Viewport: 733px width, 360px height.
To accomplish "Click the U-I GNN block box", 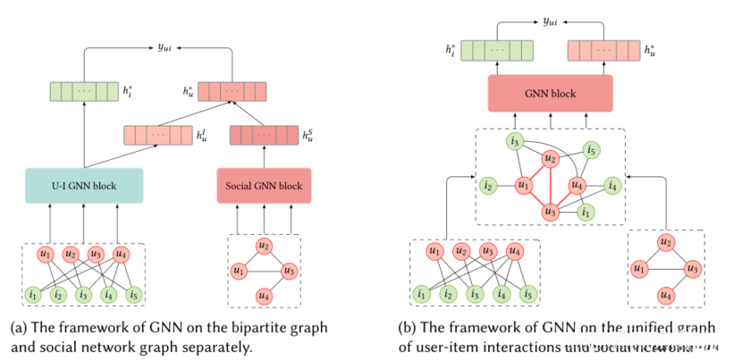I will pyautogui.click(x=84, y=186).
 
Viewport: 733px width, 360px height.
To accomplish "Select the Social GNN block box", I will pyautogui.click(x=264, y=186).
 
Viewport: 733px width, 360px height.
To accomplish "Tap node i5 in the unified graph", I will pyautogui.click(x=591, y=150).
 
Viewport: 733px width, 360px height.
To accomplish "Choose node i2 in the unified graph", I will pyautogui.click(x=487, y=186).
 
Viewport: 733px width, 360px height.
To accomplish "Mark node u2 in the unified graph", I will pyautogui.click(x=551, y=158).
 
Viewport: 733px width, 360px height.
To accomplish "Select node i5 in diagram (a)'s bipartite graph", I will pyautogui.click(x=134, y=293).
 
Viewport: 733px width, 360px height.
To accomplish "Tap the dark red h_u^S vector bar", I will pyautogui.click(x=264, y=136).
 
